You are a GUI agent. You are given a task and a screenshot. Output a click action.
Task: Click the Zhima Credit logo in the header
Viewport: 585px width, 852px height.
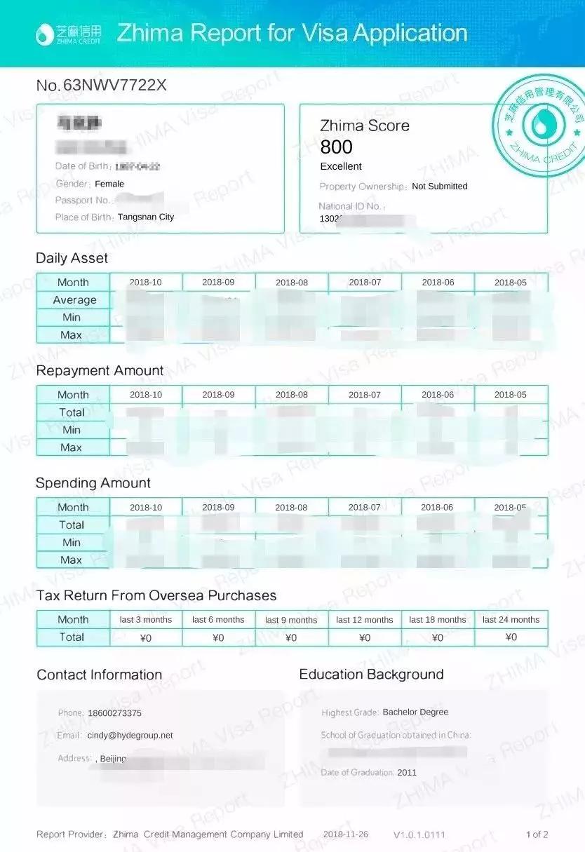click(x=68, y=34)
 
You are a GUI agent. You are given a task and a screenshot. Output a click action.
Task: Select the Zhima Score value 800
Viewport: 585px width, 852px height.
click(x=336, y=147)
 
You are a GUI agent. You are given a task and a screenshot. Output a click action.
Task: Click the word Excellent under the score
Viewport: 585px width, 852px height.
click(x=341, y=166)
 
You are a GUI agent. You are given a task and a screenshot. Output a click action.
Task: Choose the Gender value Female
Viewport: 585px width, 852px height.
click(x=109, y=184)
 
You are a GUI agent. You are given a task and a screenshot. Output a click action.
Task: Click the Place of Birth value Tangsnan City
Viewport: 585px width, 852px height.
click(x=146, y=217)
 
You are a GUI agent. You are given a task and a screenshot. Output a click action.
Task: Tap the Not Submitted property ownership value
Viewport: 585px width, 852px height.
click(x=439, y=187)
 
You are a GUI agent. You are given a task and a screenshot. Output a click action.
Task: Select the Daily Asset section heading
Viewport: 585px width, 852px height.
click(x=72, y=258)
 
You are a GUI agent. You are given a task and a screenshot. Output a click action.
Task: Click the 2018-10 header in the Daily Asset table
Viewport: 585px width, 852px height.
click(x=145, y=282)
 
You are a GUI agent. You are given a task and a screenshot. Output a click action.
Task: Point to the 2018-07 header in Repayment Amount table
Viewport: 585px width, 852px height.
click(x=365, y=395)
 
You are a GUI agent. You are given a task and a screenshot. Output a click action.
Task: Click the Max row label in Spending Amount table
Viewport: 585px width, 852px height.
click(x=72, y=560)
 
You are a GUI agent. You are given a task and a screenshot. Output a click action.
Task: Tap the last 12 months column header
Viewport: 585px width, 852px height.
click(x=365, y=620)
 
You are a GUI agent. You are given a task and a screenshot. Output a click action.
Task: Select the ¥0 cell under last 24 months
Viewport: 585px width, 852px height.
click(x=511, y=637)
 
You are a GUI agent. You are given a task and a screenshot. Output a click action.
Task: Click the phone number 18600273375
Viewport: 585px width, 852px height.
click(x=114, y=713)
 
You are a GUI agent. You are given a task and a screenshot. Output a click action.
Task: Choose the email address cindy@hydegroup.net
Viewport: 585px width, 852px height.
click(x=130, y=736)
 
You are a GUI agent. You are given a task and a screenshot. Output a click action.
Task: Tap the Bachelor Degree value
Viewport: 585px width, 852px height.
click(x=415, y=712)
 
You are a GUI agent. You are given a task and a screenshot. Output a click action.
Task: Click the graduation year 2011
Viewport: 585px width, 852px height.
click(x=407, y=773)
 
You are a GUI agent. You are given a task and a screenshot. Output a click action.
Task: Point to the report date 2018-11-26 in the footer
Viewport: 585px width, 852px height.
click(x=345, y=834)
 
